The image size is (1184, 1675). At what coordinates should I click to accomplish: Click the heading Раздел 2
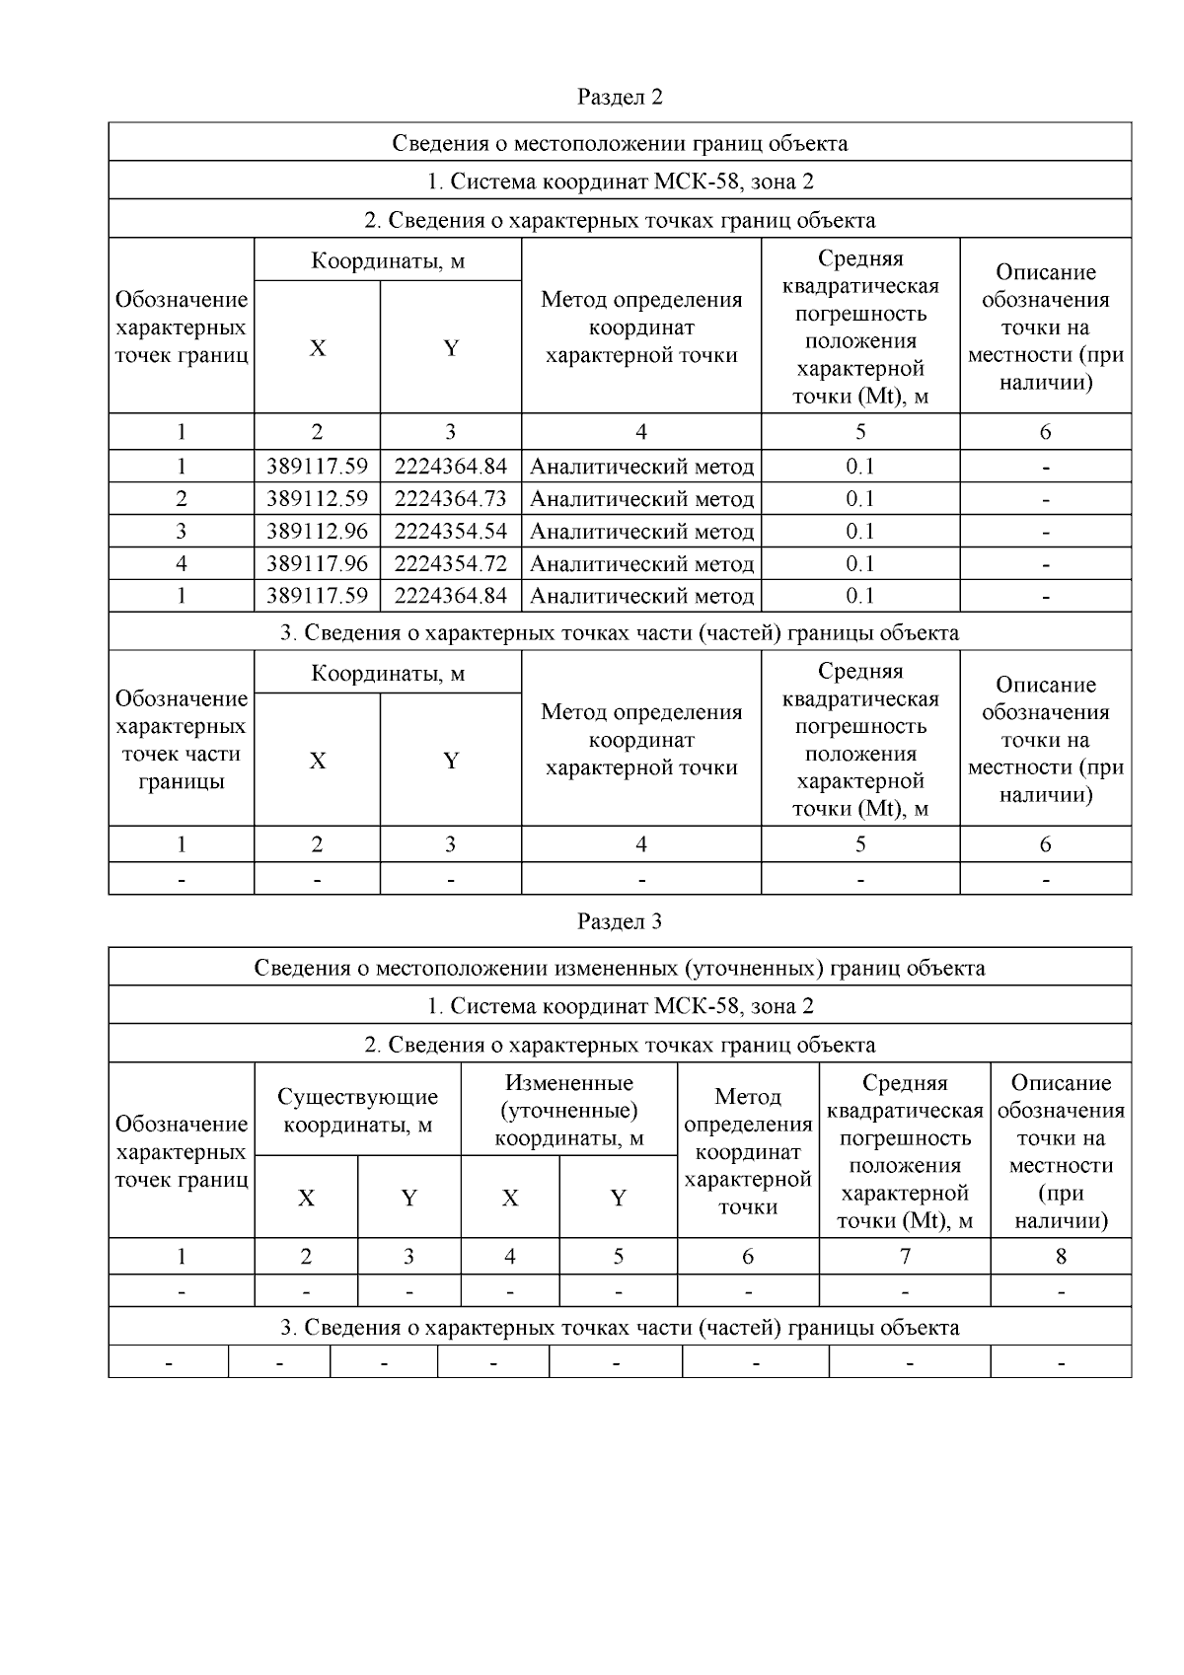[x=620, y=97]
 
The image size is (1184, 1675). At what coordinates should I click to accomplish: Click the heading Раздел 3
[x=620, y=921]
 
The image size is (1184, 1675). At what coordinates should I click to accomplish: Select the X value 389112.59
[x=317, y=499]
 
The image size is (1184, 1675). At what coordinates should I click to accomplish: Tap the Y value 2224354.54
[x=451, y=532]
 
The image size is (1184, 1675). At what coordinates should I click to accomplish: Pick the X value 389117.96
[x=317, y=564]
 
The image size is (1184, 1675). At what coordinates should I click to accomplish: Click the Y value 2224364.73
[x=451, y=499]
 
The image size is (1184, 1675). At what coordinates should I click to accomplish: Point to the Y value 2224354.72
[x=451, y=564]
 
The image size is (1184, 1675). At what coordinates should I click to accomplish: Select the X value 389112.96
[x=317, y=532]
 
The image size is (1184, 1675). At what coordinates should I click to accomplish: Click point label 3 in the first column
[x=182, y=532]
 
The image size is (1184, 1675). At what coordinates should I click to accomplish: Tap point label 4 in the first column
[x=182, y=564]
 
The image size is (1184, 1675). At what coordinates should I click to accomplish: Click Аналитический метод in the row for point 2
[x=641, y=499]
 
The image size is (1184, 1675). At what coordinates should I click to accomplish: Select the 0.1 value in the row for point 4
[x=860, y=564]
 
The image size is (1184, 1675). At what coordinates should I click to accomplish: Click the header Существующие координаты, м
[x=357, y=1111]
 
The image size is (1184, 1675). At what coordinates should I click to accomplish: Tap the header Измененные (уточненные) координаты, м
[x=568, y=1111]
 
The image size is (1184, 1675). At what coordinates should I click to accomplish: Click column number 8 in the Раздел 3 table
[x=1061, y=1257]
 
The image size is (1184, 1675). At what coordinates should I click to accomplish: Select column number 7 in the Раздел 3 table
[x=905, y=1257]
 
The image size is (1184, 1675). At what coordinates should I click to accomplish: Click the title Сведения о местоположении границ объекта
[x=620, y=143]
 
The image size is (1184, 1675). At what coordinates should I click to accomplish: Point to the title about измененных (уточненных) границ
[x=620, y=968]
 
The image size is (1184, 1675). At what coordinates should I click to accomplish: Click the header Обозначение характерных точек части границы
[x=182, y=740]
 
